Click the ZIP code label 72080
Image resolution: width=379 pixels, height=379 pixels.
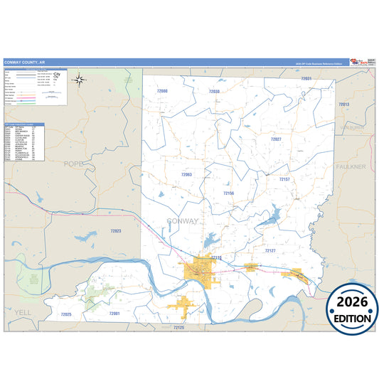point(163,92)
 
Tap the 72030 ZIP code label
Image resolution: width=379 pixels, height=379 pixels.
point(214,92)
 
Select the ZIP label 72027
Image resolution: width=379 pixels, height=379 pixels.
point(276,139)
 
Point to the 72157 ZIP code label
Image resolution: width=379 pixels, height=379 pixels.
point(284,179)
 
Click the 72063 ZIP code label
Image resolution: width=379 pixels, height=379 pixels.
point(186,174)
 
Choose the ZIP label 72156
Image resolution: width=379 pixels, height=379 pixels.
point(228,193)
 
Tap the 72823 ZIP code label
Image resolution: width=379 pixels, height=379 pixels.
point(116,230)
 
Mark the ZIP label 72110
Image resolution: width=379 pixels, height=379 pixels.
point(216,257)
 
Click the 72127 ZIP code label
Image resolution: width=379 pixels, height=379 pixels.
point(270,251)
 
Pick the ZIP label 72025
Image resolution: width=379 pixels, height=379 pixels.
point(66,314)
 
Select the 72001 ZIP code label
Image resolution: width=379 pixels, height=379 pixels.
point(114,313)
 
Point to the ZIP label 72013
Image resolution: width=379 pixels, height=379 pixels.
point(343,105)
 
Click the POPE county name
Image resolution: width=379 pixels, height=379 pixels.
point(73,164)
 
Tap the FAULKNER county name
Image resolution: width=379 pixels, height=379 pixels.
point(351,166)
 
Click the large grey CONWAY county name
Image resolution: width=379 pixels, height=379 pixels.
point(183,221)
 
